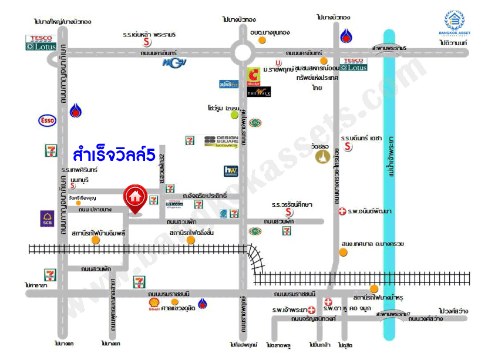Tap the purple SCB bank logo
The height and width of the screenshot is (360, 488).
[48, 218]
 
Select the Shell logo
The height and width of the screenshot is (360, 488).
[154, 304]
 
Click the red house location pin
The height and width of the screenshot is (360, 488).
[135, 198]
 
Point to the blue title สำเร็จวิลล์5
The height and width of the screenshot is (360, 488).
[114, 156]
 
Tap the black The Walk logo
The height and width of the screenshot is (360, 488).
[258, 92]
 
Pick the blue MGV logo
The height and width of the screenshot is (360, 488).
[174, 62]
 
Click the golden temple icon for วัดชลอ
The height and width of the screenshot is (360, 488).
[322, 157]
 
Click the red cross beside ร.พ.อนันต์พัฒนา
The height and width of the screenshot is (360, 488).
[342, 210]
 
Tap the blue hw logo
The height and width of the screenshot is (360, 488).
[230, 171]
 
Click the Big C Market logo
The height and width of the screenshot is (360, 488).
[253, 75]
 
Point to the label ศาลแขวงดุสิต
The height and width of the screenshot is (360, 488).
[178, 308]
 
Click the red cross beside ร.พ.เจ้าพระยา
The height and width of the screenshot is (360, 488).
[311, 309]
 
